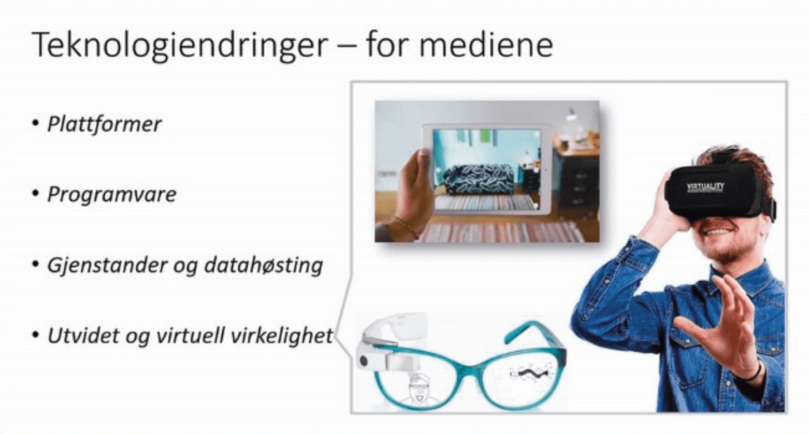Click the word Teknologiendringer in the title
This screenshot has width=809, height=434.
point(179,46)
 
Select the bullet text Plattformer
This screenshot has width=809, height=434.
point(104,124)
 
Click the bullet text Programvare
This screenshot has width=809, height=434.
point(111,195)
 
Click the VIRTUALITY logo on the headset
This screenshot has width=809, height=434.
point(705,187)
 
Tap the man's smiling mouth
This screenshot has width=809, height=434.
point(718,232)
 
